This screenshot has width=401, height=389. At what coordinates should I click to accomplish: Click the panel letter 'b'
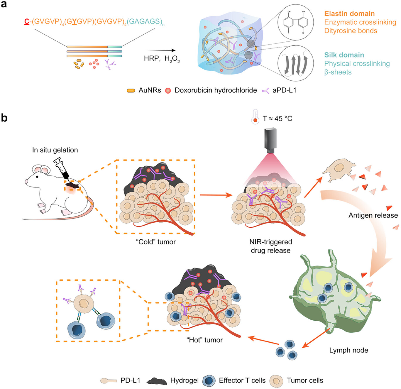click(4, 118)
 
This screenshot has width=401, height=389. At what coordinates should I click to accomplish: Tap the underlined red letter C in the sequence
click(27, 21)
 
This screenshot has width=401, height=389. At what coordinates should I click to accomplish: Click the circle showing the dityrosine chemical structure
click(296, 22)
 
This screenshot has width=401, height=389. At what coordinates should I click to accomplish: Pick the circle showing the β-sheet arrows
click(296, 64)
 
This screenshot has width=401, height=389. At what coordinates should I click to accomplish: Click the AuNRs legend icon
click(131, 91)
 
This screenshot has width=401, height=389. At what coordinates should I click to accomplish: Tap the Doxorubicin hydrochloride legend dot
click(168, 91)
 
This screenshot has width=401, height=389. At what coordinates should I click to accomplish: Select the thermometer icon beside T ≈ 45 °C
click(255, 117)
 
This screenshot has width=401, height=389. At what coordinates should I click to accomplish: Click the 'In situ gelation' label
click(55, 150)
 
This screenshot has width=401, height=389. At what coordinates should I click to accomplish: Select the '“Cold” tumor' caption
click(156, 242)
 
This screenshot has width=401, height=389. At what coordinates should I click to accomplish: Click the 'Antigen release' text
click(373, 215)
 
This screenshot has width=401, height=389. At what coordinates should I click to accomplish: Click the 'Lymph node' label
click(348, 350)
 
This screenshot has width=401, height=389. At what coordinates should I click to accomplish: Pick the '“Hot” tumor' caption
click(204, 340)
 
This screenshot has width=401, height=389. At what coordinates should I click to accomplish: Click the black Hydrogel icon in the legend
click(157, 381)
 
